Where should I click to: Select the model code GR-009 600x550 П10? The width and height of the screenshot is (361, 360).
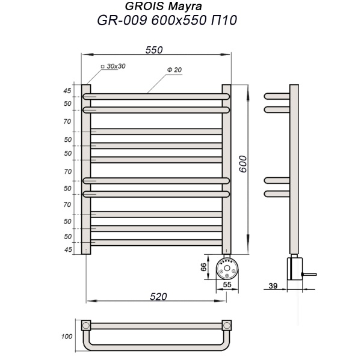pos(167,20)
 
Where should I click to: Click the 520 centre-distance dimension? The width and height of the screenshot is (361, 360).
pos(157,296)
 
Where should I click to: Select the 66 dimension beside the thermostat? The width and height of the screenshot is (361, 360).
pos(203,267)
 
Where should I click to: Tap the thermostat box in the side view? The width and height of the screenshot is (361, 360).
pos(294,267)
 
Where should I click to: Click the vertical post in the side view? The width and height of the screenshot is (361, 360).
pos(294,168)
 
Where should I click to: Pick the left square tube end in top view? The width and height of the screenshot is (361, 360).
pos(86,325)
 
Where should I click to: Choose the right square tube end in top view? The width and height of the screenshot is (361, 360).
pos(227,325)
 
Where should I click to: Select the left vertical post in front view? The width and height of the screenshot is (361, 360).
pos(86,168)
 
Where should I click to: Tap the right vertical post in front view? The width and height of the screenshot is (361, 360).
pos(227,168)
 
